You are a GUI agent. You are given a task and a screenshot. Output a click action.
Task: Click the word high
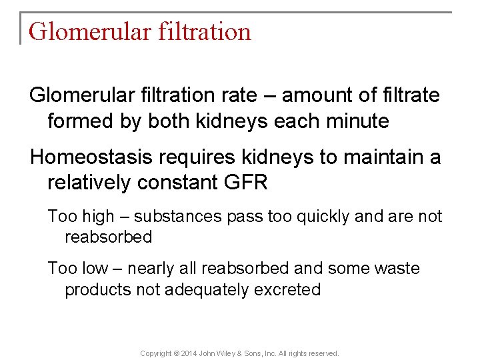point(97,217)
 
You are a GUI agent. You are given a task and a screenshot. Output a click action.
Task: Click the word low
point(95,269)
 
